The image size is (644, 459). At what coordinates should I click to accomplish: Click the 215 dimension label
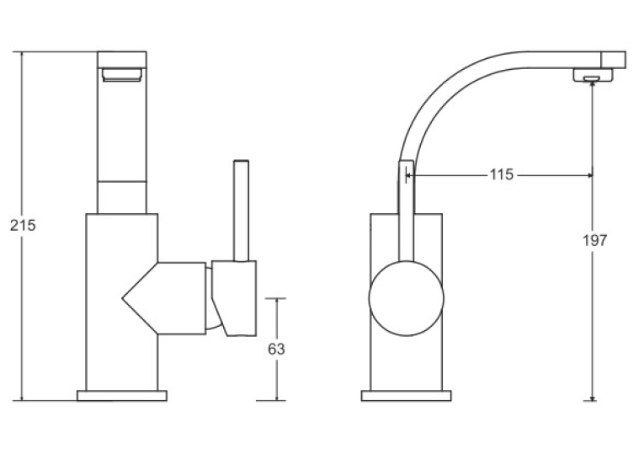(x=23, y=225)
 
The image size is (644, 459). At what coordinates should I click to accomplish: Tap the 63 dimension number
(x=276, y=349)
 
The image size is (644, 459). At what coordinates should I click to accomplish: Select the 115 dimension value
(x=502, y=174)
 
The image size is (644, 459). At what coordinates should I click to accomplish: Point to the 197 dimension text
(x=594, y=240)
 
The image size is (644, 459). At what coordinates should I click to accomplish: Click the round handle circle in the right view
(x=407, y=299)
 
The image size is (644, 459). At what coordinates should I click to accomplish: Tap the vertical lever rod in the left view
(x=241, y=211)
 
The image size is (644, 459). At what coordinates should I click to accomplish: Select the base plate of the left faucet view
(x=122, y=395)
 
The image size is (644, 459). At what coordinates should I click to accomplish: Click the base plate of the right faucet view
(x=407, y=395)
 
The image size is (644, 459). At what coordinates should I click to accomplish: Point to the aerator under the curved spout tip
(x=593, y=75)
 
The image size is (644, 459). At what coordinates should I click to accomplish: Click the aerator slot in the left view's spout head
(x=122, y=75)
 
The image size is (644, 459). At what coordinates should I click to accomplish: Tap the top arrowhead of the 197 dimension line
(x=592, y=84)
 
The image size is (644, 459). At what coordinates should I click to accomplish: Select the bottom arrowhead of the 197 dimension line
(x=592, y=398)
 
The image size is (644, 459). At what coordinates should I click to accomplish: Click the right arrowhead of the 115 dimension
(x=590, y=175)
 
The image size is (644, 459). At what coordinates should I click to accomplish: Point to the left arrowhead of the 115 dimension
(x=409, y=175)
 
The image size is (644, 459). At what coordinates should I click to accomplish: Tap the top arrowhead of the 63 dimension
(x=276, y=302)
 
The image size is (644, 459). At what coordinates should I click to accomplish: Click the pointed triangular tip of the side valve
(x=123, y=299)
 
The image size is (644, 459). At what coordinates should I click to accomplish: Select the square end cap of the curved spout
(x=613, y=60)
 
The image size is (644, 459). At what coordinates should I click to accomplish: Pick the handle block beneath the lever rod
(x=235, y=298)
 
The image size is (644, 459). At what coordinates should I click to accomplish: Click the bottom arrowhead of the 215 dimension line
(x=21, y=398)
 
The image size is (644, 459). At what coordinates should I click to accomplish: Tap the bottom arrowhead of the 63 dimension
(x=276, y=398)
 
